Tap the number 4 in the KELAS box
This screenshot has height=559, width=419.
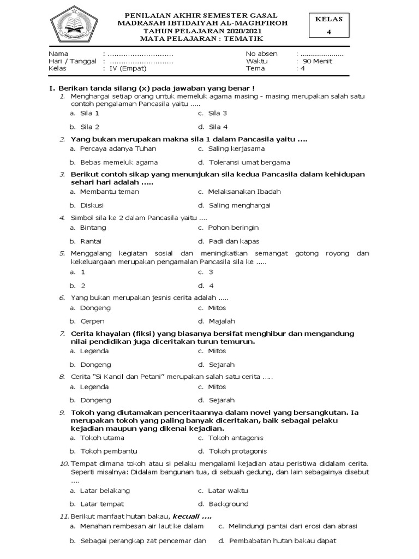tap(328, 32)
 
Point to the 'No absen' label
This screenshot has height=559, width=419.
tap(262, 53)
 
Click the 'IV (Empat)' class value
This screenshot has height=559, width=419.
tap(125, 69)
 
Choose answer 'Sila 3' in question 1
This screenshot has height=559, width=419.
tap(218, 114)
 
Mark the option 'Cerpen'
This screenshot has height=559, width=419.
tap(92, 322)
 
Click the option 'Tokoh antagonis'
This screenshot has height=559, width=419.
tap(235, 438)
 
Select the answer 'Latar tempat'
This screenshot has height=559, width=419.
tap(102, 504)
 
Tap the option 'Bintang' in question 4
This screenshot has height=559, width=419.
tap(93, 227)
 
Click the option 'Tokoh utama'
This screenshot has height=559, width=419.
tap(102, 438)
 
